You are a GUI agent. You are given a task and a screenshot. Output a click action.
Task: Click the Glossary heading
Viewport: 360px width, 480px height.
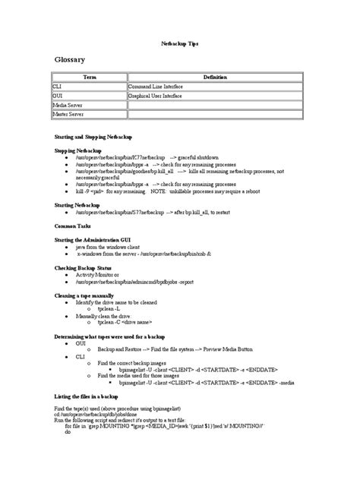tap(70, 60)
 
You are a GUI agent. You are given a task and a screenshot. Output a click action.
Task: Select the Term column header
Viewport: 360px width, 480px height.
tap(90, 77)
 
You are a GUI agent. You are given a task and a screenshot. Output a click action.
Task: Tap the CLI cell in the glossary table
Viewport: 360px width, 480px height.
tap(57, 87)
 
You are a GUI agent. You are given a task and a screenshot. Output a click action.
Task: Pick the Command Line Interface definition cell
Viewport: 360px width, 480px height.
tap(156, 87)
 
